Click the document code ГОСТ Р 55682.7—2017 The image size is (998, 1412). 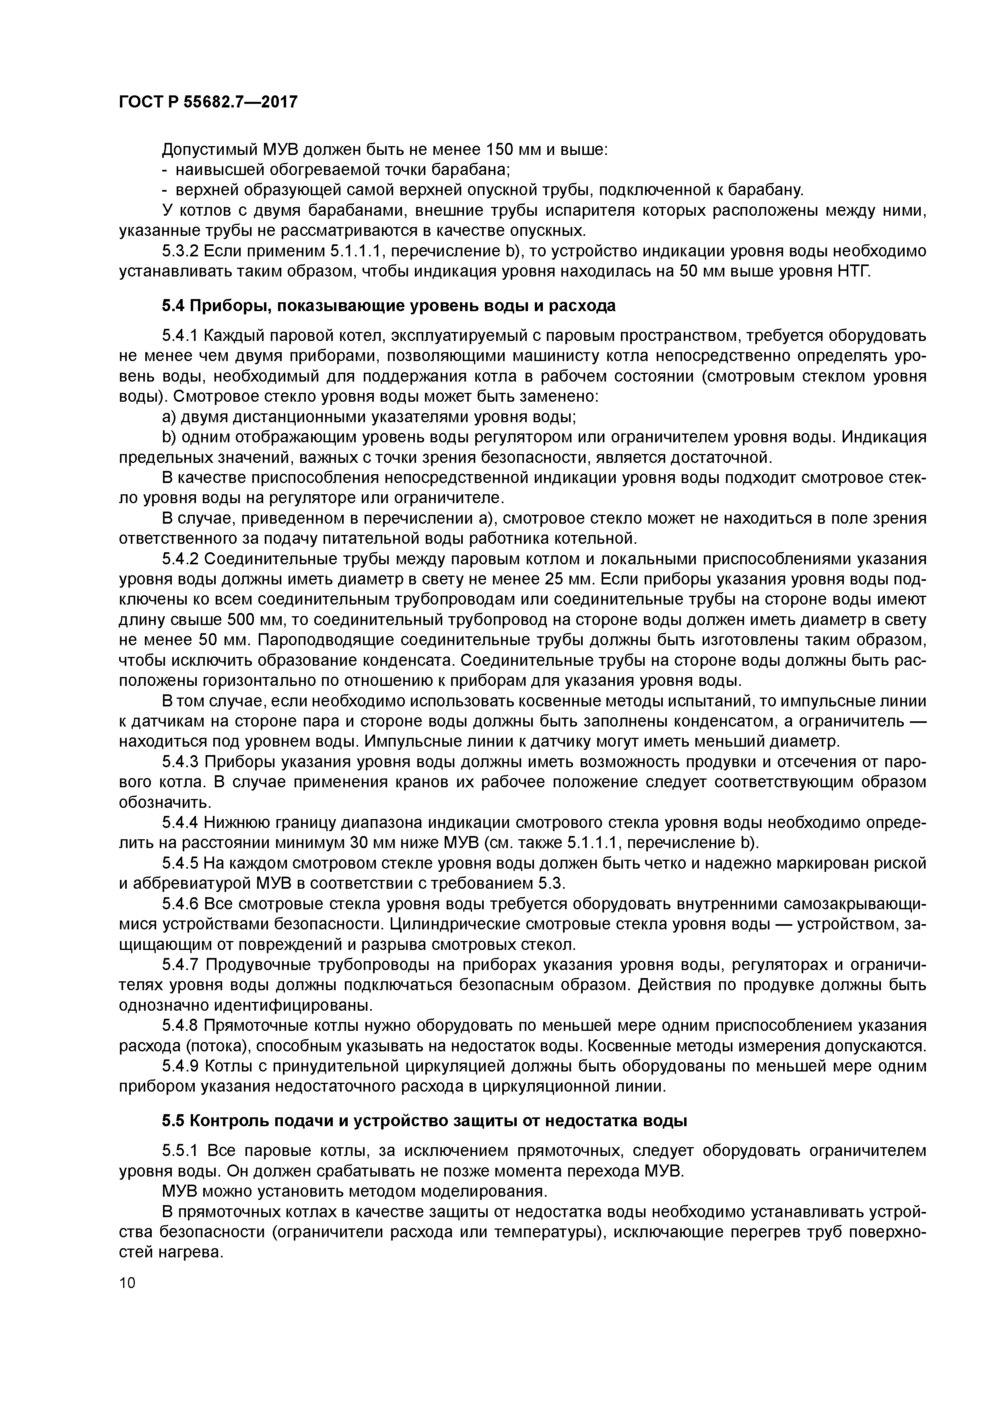click(208, 101)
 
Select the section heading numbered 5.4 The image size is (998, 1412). click(389, 306)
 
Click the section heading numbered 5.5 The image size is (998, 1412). click(424, 1121)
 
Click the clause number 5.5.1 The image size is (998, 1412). click(181, 1151)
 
